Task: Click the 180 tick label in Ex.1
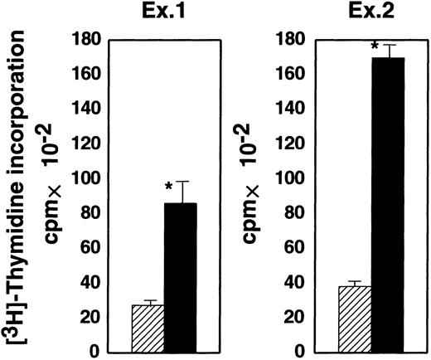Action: [x=90, y=39]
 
